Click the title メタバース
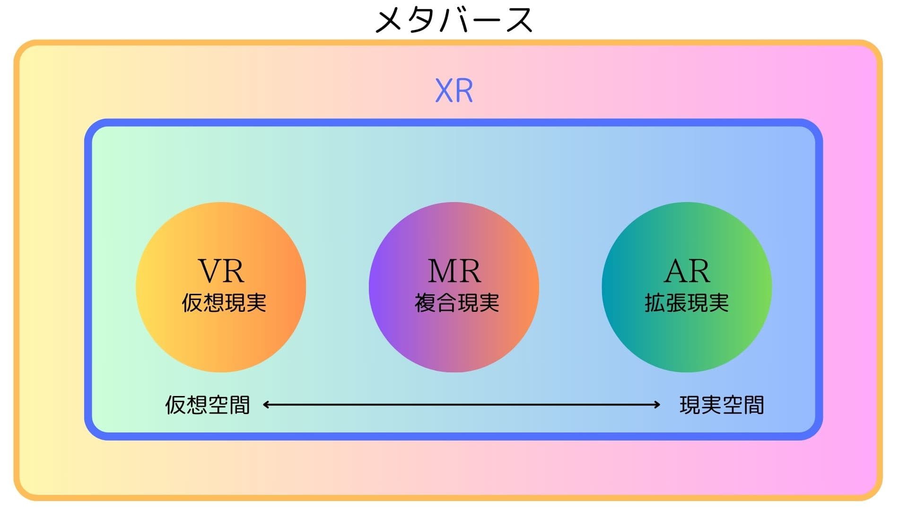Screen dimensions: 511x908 pos(454,20)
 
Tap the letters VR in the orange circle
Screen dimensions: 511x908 pos(221,271)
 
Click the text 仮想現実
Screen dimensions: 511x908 pos(224,303)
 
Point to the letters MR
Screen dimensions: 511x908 pos(454,271)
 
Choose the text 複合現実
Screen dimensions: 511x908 pos(457,303)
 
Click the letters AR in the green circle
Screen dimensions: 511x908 pos(687,271)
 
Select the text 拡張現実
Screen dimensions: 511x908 pos(687,303)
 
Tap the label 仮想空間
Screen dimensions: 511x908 pos(207,405)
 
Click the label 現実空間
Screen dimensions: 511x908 pos(722,405)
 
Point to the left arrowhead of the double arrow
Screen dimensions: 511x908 pos(266,405)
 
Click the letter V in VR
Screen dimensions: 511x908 pos(209,271)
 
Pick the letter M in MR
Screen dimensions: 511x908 pos(441,271)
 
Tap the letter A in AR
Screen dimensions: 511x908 pos(676,271)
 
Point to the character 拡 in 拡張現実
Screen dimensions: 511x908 pos(655,303)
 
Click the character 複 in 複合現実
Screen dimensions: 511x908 pos(425,303)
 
